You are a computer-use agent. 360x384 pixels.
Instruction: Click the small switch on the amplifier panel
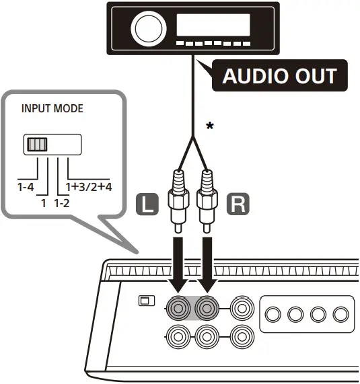(144, 301)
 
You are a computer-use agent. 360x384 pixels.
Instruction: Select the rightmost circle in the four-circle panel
(341, 314)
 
